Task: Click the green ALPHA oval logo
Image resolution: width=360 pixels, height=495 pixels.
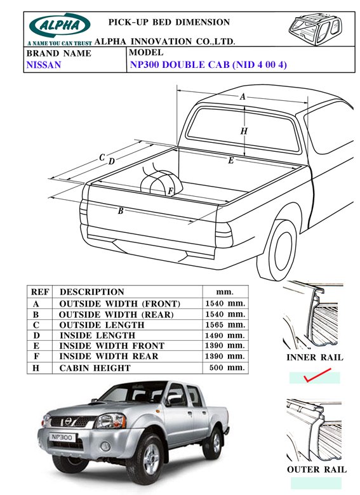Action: pos(60,25)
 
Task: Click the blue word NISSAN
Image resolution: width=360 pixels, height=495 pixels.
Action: pos(44,65)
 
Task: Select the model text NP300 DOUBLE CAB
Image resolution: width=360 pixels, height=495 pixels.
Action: pos(180,64)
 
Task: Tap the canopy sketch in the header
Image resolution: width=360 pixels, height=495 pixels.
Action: pos(316,27)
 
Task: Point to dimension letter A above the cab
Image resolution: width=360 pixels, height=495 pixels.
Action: pos(242,96)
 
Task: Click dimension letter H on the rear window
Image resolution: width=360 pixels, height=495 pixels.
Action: pos(244,131)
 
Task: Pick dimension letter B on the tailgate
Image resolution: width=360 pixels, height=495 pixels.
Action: pos(120,211)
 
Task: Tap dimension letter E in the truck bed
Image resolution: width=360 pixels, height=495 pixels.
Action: pos(231,161)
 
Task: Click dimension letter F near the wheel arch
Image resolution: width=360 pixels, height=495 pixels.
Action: pos(170,191)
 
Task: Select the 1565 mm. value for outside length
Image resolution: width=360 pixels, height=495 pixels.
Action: pos(225,325)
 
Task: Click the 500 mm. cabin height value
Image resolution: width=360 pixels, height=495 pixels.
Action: pos(227,367)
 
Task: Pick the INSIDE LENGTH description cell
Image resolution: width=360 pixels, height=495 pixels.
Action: pos(97,335)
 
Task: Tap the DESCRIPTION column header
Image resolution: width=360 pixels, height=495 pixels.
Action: pos(92,292)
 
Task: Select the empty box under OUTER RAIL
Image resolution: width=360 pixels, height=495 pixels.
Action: pos(316,483)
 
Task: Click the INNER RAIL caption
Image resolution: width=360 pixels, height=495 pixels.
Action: pos(314,357)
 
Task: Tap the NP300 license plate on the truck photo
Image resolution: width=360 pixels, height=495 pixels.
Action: pos(62,437)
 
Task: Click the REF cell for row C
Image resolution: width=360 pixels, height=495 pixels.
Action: pos(36,325)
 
